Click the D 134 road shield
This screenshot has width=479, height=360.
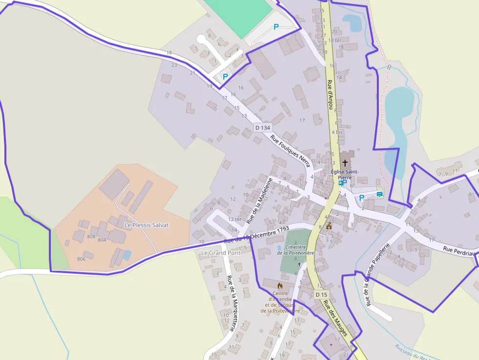262,127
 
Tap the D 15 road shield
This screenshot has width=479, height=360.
321,295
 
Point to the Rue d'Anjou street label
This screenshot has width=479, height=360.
330,94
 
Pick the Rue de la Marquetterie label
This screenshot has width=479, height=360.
232,303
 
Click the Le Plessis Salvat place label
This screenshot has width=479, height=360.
147,225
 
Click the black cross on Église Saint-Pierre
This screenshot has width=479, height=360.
345,163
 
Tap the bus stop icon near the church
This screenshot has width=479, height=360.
340,183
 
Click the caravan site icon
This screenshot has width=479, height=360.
380,194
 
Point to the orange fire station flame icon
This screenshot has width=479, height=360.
280,285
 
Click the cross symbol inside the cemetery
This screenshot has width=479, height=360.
300,264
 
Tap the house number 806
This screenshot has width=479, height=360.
81,259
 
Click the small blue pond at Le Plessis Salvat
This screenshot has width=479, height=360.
127,255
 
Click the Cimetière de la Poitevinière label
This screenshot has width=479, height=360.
295,250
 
